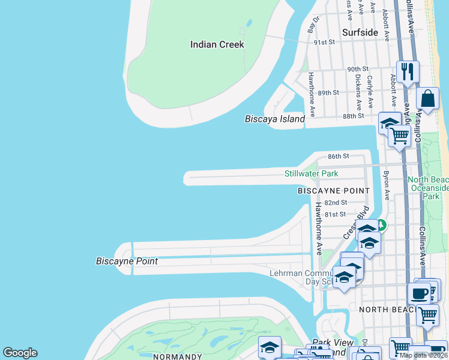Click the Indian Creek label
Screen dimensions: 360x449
pos(217,44)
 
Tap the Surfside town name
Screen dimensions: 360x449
pos(360,32)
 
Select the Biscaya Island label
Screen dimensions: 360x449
pos(275,119)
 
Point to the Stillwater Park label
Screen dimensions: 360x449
pos(311,173)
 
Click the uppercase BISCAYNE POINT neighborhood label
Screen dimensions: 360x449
pos(334,190)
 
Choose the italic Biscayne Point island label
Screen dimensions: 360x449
pos(127,261)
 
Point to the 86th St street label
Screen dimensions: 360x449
pos(338,156)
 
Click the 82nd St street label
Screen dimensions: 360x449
pos(336,203)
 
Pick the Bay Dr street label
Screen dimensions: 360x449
pos(312,25)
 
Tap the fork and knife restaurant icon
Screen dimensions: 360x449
pos(408,72)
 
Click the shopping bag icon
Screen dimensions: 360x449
pos(429,99)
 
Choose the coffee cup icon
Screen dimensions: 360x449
pos(418,294)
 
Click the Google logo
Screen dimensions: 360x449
pos(20,353)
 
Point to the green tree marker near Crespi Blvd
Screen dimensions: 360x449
pos(381,226)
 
